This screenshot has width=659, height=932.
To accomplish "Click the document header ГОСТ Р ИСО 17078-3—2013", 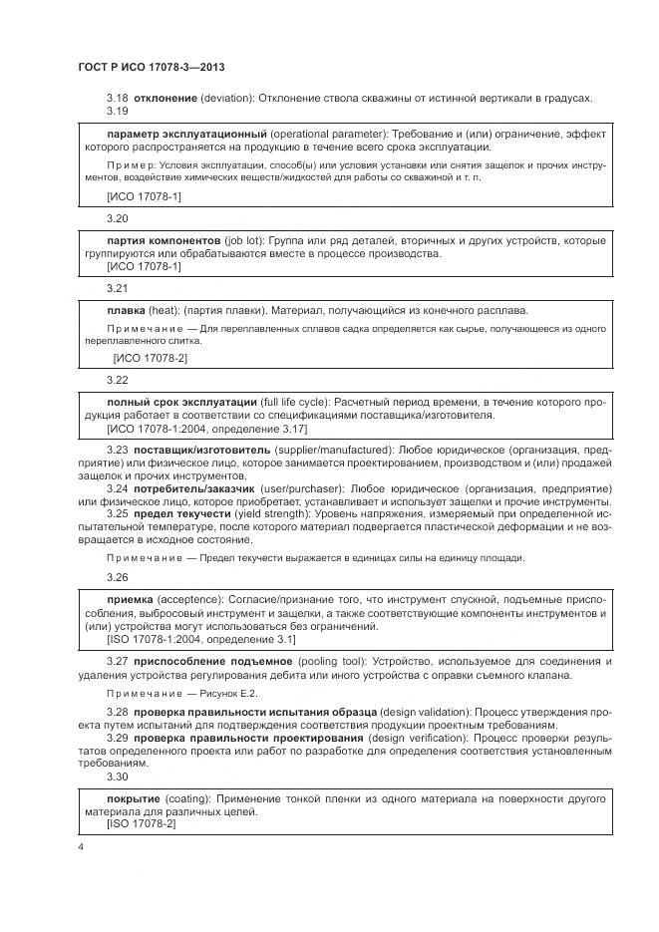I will pos(150,67).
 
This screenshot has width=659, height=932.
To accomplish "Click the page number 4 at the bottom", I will pos(81,846).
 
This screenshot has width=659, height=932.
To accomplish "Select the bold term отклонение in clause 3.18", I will pos(165,98).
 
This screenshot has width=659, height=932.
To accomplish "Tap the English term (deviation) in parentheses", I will pos(230,98).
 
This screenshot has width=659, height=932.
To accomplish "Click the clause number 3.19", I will pos(118,111).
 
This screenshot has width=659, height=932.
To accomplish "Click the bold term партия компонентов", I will pos(165,241).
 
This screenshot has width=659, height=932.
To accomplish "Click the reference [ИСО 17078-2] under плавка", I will pos(150,356).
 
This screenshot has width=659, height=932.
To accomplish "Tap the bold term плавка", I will pos(127,310).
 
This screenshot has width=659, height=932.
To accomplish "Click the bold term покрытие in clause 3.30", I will pos(135,799).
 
